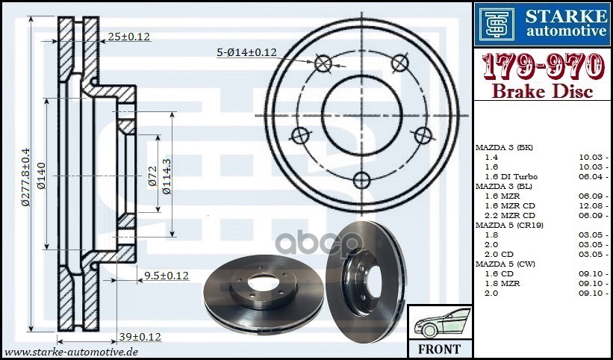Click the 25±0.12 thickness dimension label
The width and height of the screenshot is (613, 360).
click(128, 36)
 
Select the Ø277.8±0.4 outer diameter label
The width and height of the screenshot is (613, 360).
click(25, 176)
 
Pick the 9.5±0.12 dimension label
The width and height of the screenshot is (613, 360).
click(167, 276)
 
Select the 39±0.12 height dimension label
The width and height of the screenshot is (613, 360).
click(140, 337)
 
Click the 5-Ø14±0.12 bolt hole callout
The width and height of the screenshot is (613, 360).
click(246, 52)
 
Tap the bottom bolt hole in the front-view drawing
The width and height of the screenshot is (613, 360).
click(361, 179)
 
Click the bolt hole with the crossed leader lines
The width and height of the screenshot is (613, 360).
click(323, 63)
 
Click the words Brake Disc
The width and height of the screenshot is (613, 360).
click(543, 92)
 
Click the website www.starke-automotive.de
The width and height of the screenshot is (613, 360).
click(72, 351)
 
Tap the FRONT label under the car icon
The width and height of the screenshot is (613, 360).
click(440, 349)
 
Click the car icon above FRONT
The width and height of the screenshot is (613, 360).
click(440, 323)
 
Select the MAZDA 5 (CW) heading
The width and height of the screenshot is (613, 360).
click(505, 264)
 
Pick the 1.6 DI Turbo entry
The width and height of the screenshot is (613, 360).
click(511, 176)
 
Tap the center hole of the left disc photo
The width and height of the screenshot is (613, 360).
click(261, 284)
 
